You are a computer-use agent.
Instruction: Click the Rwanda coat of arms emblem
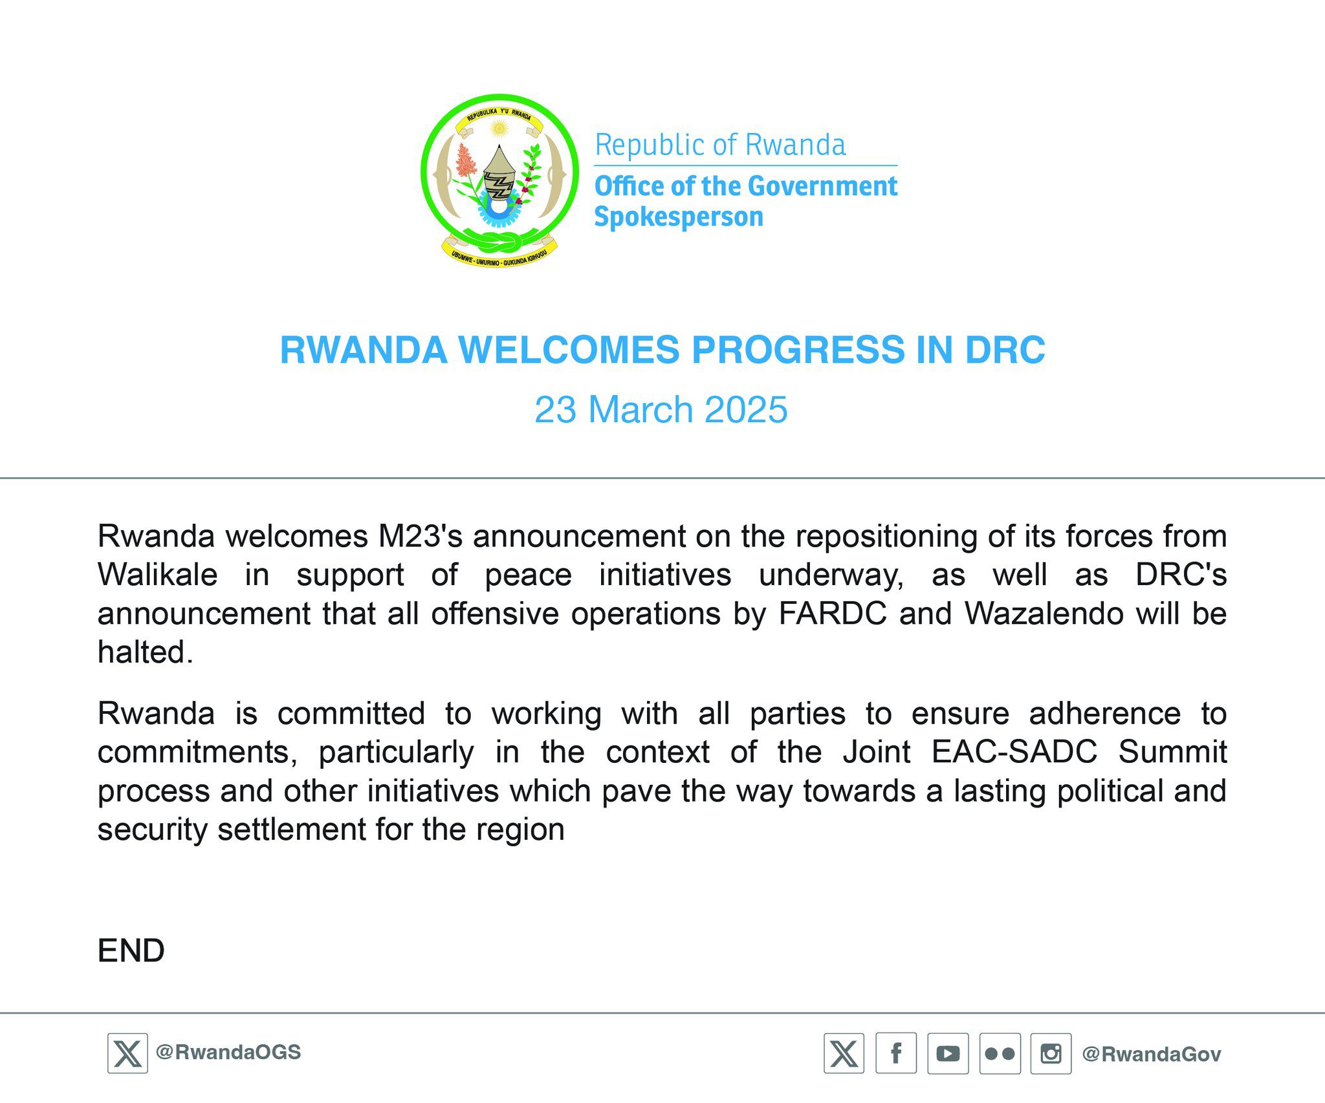click(x=499, y=181)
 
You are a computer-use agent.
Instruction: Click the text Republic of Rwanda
click(x=720, y=145)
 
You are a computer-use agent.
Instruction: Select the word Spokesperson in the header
click(x=679, y=217)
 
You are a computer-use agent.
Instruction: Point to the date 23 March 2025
click(x=661, y=409)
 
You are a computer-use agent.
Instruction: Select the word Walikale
click(x=157, y=575)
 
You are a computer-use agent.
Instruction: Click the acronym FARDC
click(x=833, y=614)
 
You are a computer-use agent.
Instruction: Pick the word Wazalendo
click(x=1044, y=614)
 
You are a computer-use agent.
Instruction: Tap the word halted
click(x=146, y=652)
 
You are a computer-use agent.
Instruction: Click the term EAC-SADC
click(x=1014, y=752)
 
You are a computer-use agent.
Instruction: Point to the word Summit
click(x=1172, y=752)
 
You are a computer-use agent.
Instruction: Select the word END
click(x=131, y=950)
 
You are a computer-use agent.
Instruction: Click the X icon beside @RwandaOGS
click(x=127, y=1053)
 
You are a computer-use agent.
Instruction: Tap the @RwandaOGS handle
click(x=228, y=1053)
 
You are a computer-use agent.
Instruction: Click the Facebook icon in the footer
click(x=896, y=1053)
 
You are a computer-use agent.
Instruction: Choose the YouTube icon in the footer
click(x=948, y=1053)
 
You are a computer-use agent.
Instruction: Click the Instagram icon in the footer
click(x=1051, y=1053)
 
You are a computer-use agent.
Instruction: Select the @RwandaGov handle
click(x=1152, y=1055)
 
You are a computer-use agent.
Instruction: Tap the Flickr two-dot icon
click(x=1000, y=1053)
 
